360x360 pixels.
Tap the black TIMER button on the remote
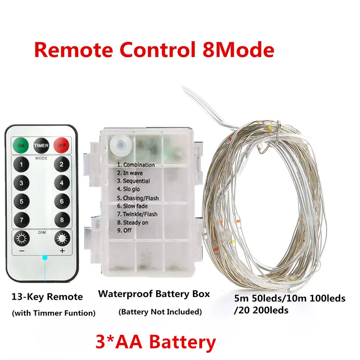pyautogui.click(x=41, y=145)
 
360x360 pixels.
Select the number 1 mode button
pyautogui.click(x=21, y=165)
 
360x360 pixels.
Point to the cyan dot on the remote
pyautogui.click(x=44, y=258)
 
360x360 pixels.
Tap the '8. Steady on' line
pyautogui.click(x=133, y=222)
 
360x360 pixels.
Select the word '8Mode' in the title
pyautogui.click(x=235, y=49)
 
